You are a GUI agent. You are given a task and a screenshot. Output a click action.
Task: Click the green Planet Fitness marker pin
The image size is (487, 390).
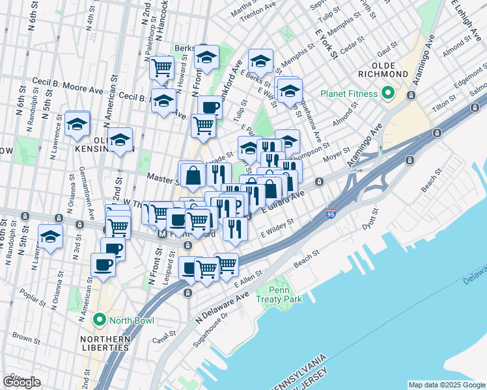387,94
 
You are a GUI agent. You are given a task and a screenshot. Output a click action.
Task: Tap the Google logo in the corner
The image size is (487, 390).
21,382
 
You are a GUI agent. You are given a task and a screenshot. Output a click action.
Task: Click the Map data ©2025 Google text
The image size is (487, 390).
447,385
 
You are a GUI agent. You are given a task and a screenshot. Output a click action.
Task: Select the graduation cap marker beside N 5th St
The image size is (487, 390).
50,238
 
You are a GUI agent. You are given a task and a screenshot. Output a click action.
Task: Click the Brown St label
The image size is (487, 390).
26,339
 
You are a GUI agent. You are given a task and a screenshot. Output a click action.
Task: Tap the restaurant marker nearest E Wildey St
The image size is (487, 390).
234,229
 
